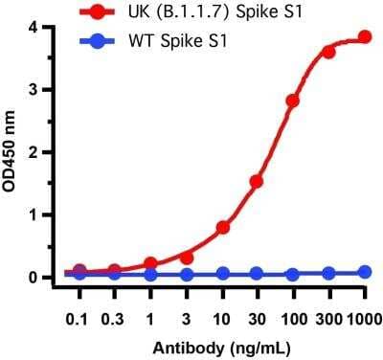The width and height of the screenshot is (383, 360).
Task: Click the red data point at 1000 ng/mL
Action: point(364,37)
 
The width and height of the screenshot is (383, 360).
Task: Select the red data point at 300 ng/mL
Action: point(328,52)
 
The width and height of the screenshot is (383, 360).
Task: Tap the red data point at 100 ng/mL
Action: point(293,101)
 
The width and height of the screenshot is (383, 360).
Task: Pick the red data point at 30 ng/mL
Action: point(257,181)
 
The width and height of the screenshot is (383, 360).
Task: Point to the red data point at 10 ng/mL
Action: point(222,227)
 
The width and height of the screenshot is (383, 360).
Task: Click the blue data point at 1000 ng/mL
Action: point(364,272)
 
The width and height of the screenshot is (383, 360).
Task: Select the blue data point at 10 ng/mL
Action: point(222,274)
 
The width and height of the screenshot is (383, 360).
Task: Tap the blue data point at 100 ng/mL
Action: point(293,274)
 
